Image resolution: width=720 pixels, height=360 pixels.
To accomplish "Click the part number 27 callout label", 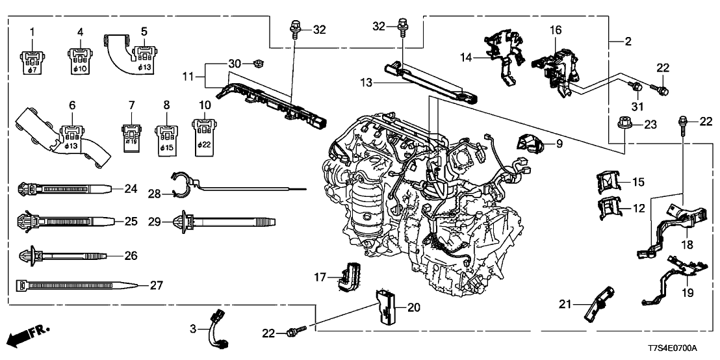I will (x=156, y=285).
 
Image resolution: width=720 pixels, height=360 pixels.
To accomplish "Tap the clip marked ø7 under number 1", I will (x=31, y=58).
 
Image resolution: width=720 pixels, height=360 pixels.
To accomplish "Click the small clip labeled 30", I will (x=255, y=64).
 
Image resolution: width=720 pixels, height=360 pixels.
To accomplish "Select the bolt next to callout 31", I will (x=636, y=85).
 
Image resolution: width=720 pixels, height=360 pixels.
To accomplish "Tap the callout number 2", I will (x=628, y=42).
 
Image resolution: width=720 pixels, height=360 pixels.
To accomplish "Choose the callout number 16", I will (x=555, y=30).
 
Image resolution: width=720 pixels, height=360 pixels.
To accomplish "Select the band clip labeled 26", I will (x=62, y=256).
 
